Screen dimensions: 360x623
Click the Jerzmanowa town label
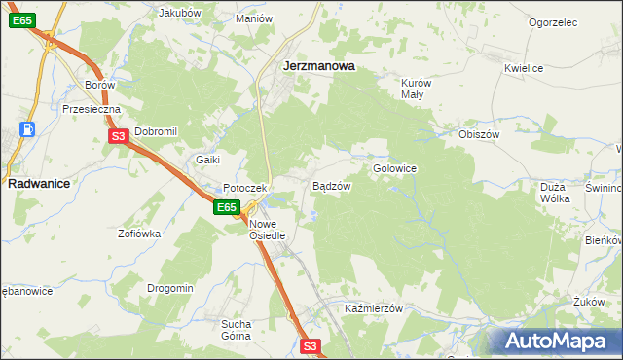tap(317, 67)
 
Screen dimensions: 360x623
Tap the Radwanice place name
tap(36, 182)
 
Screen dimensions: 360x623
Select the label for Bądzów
tap(330, 186)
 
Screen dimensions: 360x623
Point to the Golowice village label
tap(395, 168)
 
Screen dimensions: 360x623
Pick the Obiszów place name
tap(479, 134)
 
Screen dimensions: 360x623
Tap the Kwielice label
tap(523, 68)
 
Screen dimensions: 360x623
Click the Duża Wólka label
tap(554, 192)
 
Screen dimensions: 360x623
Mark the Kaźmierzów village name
tap(374, 307)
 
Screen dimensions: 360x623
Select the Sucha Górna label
tap(237, 329)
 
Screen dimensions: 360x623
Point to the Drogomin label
tap(170, 288)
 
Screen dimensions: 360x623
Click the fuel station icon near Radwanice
tap(29, 129)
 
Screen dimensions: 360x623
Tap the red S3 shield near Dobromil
tap(118, 137)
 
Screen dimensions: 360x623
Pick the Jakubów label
tap(179, 14)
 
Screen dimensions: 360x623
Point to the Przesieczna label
tap(91, 110)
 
